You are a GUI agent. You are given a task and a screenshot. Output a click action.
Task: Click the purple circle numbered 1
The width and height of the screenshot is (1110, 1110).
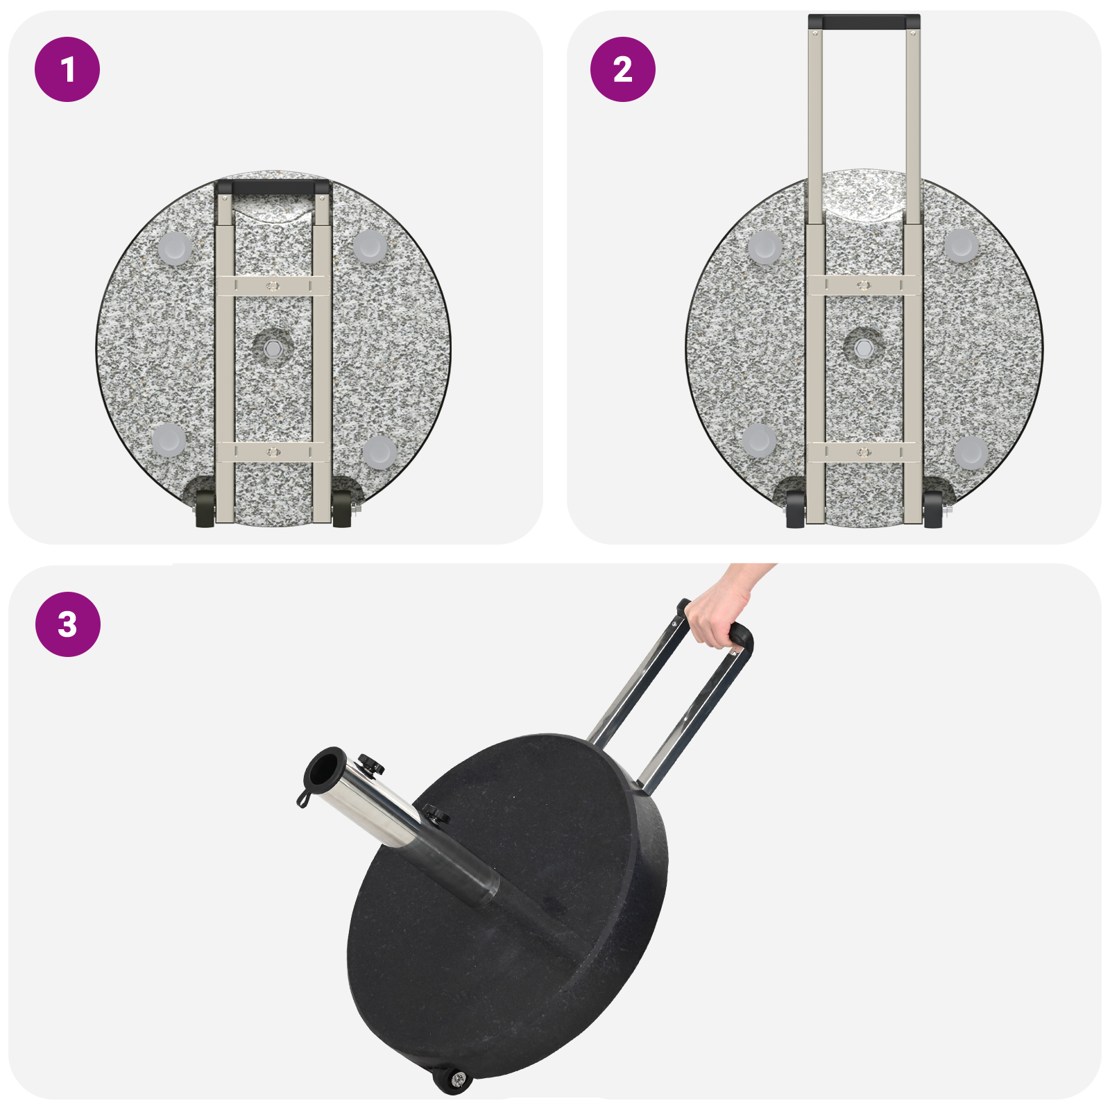tap(67, 69)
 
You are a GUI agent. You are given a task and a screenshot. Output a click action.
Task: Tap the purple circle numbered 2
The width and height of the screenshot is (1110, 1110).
tap(622, 69)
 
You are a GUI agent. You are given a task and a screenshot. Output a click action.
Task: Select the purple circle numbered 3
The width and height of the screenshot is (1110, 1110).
tap(67, 624)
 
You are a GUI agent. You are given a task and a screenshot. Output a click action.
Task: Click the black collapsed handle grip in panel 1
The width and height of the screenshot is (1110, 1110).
tap(273, 187)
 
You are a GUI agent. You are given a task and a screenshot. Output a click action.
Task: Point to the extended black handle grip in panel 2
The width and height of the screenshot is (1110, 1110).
tap(864, 22)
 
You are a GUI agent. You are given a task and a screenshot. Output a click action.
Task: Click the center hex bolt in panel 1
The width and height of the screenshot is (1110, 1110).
tap(273, 347)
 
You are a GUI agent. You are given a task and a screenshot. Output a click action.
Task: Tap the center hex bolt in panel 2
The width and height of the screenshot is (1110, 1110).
tap(863, 347)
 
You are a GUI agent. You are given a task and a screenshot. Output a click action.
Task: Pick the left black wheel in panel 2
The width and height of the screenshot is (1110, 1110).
tap(795, 510)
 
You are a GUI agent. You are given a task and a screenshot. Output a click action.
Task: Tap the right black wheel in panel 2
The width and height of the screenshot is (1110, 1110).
tap(933, 510)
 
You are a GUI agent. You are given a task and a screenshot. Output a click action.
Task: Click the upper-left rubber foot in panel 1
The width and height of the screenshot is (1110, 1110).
tap(174, 248)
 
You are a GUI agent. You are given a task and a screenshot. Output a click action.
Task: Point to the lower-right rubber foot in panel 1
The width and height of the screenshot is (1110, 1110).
tap(379, 451)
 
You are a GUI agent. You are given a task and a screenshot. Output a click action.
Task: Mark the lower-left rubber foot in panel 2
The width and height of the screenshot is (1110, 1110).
tap(758, 439)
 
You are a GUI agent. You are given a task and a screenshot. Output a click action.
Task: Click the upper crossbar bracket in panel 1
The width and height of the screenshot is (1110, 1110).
tap(273, 285)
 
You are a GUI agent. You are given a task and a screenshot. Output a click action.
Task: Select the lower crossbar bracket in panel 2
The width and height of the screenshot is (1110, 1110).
tap(864, 452)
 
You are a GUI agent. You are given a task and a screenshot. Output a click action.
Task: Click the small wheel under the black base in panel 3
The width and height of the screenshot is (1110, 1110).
tap(452, 1079)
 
